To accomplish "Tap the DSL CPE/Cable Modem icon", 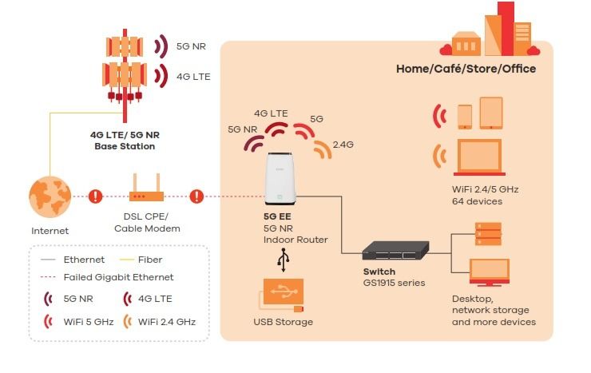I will click(146, 194).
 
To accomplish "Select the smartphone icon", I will click(465, 117).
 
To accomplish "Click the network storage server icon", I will click(488, 233).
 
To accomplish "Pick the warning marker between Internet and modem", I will click(95, 196).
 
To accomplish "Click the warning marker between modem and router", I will click(196, 196).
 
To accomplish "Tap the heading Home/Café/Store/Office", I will click(466, 69).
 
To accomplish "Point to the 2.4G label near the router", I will click(343, 145).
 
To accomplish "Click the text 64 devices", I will click(477, 201).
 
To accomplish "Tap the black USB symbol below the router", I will click(284, 260).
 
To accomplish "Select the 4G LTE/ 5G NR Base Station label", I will click(124, 141).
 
